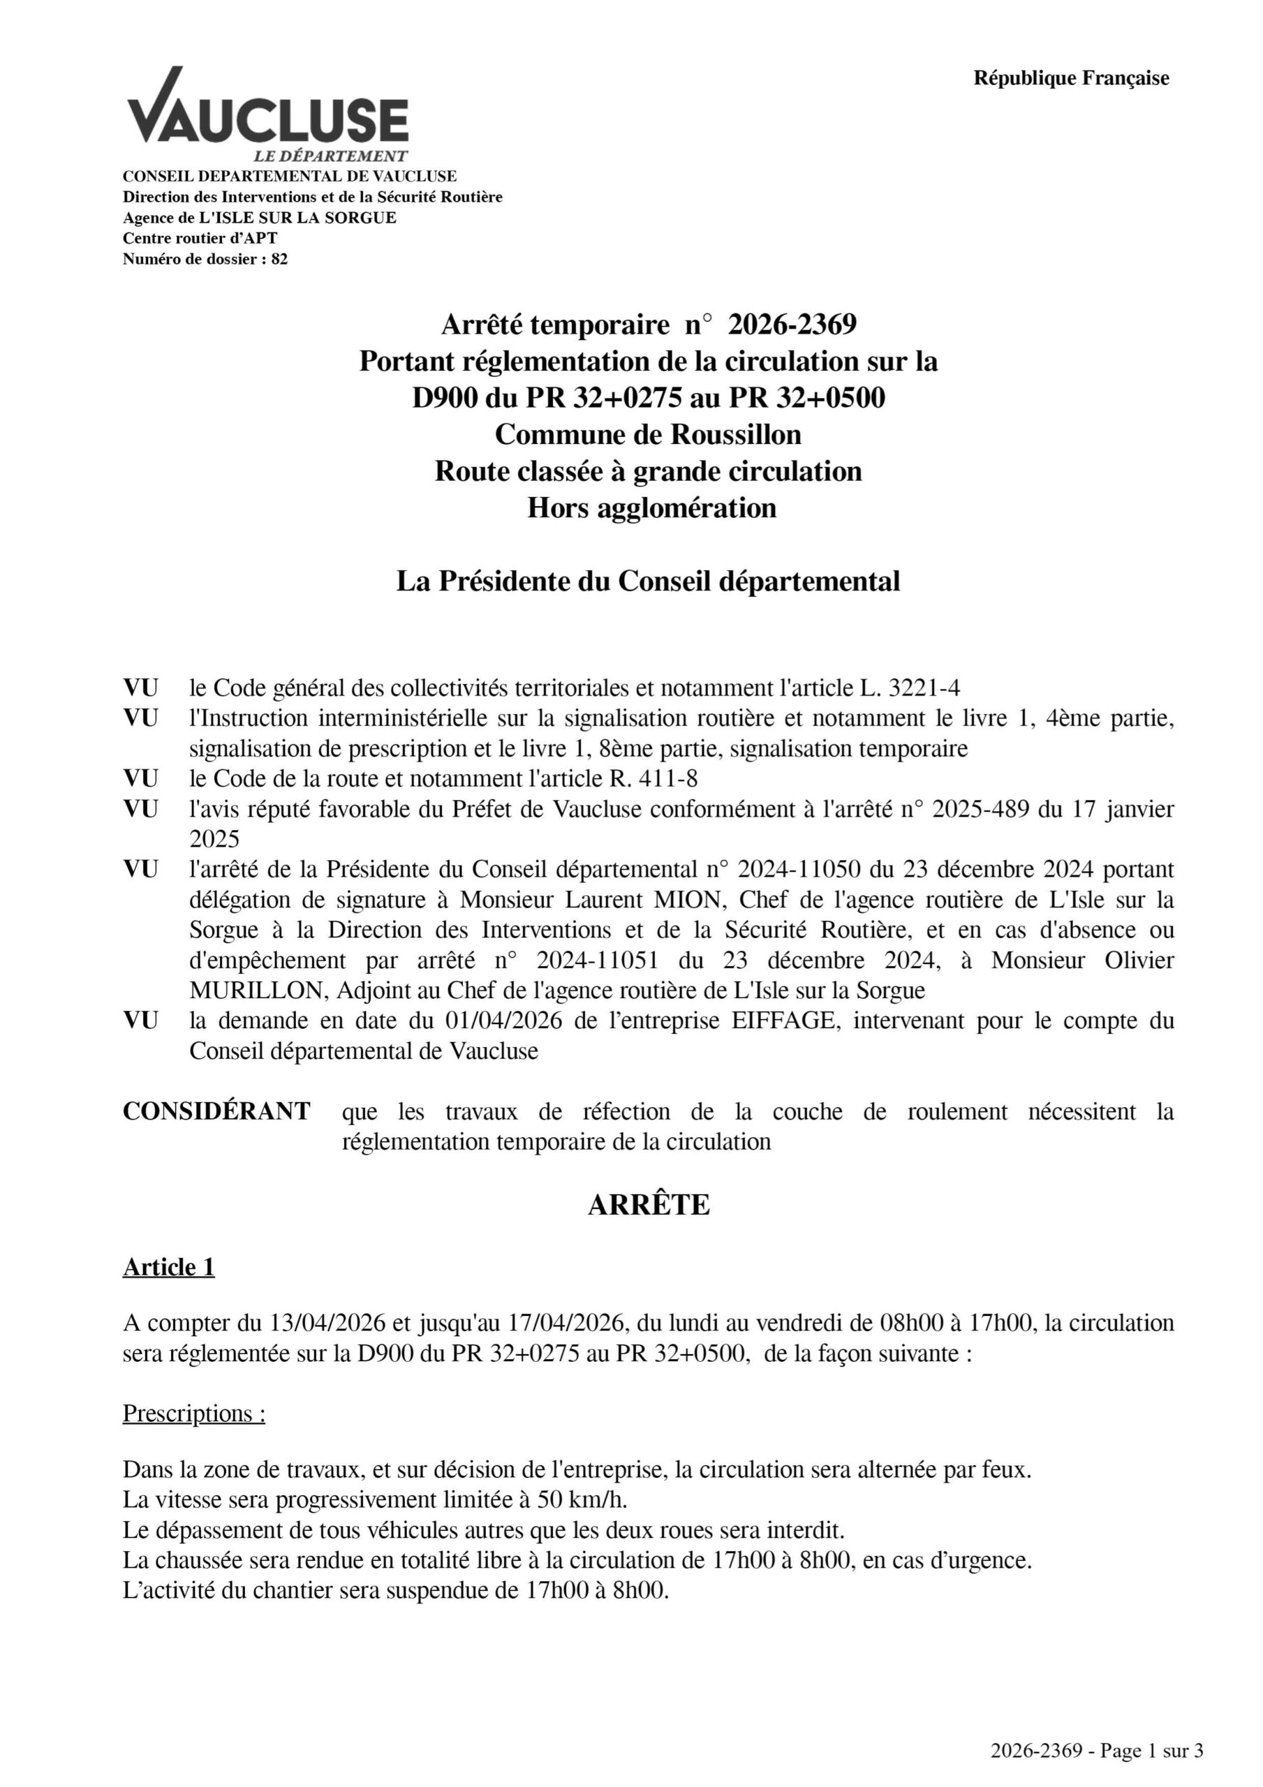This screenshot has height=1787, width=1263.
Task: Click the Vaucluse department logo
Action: (x=267, y=114)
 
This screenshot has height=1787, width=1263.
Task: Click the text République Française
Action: (x=1071, y=77)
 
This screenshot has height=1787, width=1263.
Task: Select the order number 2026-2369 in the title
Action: (x=792, y=324)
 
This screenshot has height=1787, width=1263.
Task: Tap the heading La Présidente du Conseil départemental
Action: (x=648, y=581)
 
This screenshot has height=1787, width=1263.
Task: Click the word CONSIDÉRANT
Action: (x=216, y=1111)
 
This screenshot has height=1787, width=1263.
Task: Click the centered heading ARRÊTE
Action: (x=649, y=1205)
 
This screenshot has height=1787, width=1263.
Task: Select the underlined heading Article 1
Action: (x=168, y=1268)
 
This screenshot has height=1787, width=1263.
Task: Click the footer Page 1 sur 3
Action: (x=1151, y=1751)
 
